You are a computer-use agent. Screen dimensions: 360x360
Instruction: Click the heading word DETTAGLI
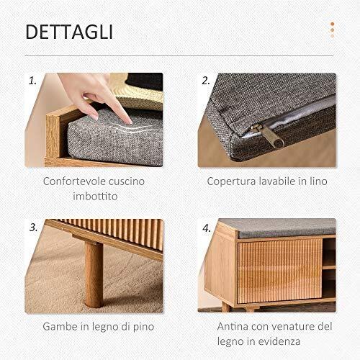(x=69, y=32)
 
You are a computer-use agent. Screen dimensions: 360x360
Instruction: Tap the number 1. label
(x=32, y=81)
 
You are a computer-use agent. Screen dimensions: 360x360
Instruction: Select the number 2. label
(x=206, y=81)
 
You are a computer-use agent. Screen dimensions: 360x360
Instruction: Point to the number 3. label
(x=33, y=228)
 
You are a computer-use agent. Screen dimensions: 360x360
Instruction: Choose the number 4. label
(x=207, y=228)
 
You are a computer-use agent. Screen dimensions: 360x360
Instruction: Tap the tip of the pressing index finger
(x=130, y=122)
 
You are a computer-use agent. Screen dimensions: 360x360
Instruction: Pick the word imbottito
(x=95, y=196)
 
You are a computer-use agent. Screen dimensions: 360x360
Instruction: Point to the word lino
(x=318, y=181)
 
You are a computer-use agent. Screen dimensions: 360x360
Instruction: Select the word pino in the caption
(x=143, y=327)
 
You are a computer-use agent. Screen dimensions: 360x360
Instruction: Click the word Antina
(x=229, y=326)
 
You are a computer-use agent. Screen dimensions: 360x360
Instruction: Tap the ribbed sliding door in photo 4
(x=279, y=271)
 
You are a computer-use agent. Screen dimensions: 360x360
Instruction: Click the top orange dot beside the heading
(x=333, y=24)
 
